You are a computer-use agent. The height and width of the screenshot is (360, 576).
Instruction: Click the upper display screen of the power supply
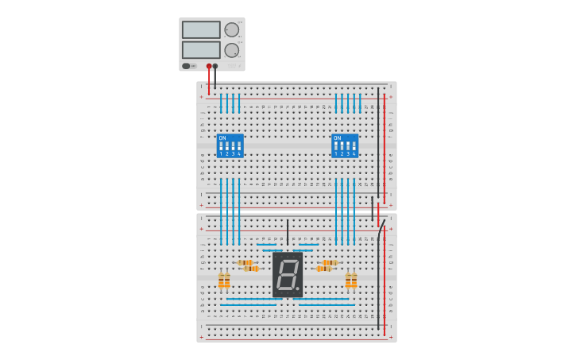(201, 29)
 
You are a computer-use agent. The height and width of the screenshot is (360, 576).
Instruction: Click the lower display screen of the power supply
(201, 49)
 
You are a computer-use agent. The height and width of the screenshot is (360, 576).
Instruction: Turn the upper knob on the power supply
(231, 30)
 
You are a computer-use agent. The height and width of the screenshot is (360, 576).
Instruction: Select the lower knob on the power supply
(231, 50)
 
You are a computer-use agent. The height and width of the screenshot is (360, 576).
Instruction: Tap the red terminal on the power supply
(209, 66)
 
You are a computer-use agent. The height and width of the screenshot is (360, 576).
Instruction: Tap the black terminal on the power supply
(215, 66)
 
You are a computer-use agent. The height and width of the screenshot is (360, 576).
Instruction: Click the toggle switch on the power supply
(187, 66)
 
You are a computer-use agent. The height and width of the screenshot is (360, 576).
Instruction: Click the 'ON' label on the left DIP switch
(222, 138)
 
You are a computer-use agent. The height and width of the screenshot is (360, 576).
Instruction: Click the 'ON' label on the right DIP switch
(337, 138)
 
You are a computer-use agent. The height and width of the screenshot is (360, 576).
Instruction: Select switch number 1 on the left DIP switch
(222, 146)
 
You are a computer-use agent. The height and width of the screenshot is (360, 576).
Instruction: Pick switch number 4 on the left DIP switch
(238, 146)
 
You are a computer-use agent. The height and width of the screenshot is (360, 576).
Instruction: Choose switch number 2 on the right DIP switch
(342, 146)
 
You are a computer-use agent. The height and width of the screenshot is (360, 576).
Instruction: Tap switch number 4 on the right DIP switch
(354, 146)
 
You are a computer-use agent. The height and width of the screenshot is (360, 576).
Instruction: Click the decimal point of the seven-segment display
(298, 288)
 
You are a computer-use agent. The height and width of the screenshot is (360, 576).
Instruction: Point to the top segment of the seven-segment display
(288, 260)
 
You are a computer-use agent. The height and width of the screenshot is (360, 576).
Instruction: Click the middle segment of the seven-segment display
(287, 274)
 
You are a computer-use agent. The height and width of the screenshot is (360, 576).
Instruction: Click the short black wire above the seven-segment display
(288, 231)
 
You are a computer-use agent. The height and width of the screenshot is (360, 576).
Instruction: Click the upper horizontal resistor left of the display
(245, 262)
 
